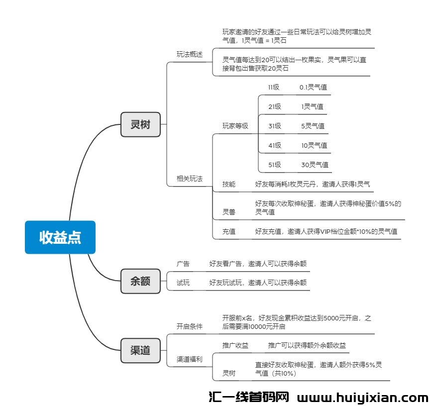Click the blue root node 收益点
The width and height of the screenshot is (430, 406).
(60, 237)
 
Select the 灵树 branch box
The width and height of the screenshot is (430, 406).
(140, 124)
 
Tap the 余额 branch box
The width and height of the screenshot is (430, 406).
(140, 281)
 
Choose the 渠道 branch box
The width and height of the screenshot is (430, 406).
(140, 350)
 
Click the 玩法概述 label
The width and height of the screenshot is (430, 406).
(190, 54)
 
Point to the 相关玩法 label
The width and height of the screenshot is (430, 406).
(190, 178)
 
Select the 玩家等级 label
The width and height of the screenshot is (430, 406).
(235, 126)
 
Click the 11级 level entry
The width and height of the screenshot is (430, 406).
(274, 87)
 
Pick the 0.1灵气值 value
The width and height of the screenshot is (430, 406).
(313, 87)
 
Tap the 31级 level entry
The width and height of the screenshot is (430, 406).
(275, 126)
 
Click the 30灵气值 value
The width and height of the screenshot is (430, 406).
(314, 165)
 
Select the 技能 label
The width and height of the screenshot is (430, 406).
(229, 184)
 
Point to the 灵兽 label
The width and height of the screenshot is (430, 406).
(229, 212)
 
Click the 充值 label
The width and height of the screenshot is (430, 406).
(229, 231)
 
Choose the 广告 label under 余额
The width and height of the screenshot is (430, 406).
(183, 264)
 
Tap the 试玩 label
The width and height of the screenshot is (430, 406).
(183, 283)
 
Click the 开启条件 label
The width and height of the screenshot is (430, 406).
(190, 326)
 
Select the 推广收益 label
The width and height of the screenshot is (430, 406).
(235, 345)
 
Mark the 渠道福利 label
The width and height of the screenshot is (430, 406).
(190, 359)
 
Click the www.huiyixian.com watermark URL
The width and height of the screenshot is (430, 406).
(362, 398)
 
